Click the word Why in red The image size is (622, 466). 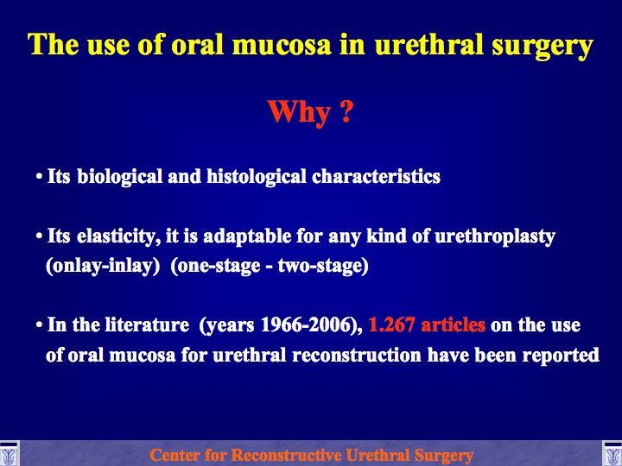pos(299,113)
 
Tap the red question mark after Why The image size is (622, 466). pos(346,110)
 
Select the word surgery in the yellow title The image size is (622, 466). pos(543,46)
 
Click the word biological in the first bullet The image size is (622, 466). pos(120,177)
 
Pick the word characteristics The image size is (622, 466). pos(376,176)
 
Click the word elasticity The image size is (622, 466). pos(118,236)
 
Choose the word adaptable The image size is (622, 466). pos(247,236)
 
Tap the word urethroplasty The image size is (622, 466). pos(495,236)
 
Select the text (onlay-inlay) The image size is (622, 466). pos(103,266)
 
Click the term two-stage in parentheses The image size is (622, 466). pos(323,266)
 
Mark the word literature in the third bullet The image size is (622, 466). pos(147,325)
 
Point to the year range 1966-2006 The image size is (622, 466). pos(308,325)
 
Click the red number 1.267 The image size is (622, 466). pos(391,325)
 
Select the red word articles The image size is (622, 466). pos(453,325)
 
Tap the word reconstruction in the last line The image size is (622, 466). pos(357,355)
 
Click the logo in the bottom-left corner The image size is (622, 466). pos(9,453)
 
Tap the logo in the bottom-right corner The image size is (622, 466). pos(612,453)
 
